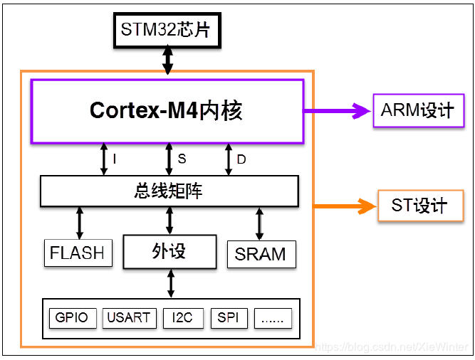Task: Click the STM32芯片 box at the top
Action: [167, 30]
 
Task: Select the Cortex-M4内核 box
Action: [167, 110]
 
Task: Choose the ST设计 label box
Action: [419, 206]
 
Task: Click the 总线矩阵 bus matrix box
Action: [169, 191]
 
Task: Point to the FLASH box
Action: [78, 253]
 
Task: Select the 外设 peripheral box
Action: [169, 251]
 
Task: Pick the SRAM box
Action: [261, 254]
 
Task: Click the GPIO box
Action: [72, 317]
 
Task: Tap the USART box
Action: [128, 317]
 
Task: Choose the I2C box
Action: [183, 317]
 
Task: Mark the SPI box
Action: [229, 317]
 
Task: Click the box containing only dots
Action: [273, 317]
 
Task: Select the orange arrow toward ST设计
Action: [344, 207]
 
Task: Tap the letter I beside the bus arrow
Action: [115, 159]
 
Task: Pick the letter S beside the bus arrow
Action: [182, 159]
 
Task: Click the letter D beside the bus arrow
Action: [241, 159]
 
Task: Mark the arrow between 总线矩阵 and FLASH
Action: [79, 222]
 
